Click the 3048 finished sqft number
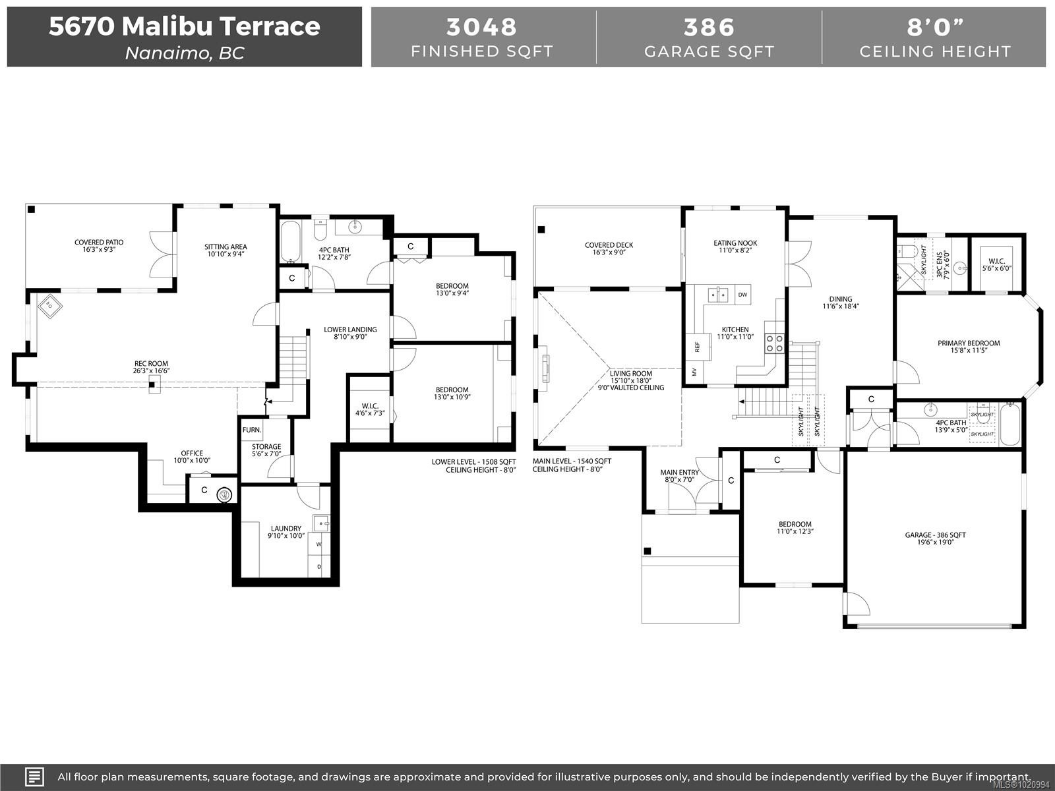(482, 27)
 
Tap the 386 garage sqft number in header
(709, 27)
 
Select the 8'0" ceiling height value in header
(935, 27)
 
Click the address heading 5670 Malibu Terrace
(185, 26)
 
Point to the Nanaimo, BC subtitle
(185, 53)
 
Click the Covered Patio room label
(99, 243)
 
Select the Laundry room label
(286, 529)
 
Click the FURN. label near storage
(251, 430)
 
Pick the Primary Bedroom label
(968, 343)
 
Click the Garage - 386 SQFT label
(935, 535)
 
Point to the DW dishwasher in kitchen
(742, 295)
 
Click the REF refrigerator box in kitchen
(697, 347)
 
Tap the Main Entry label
(679, 473)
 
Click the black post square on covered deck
(541, 230)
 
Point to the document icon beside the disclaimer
(34, 776)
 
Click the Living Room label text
(630, 374)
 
